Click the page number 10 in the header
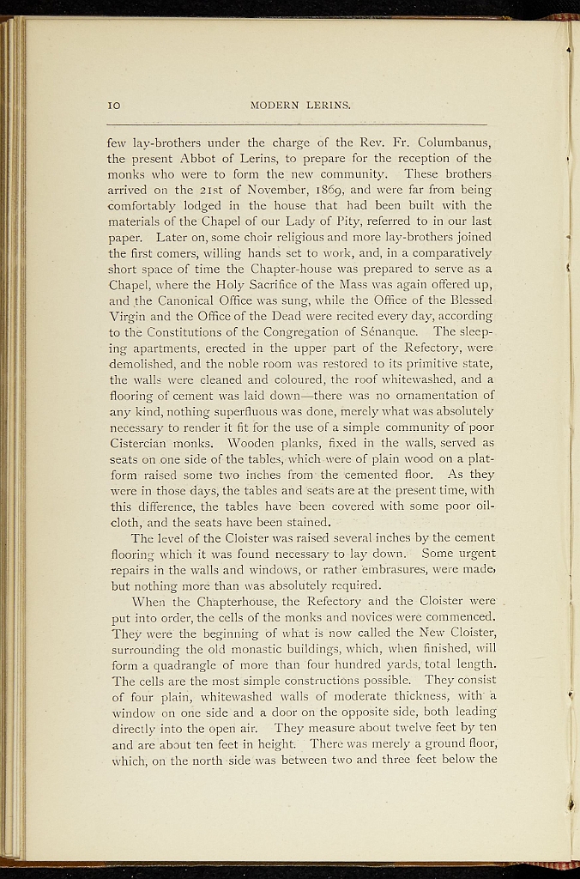(113, 106)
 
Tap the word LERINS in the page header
(327, 106)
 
